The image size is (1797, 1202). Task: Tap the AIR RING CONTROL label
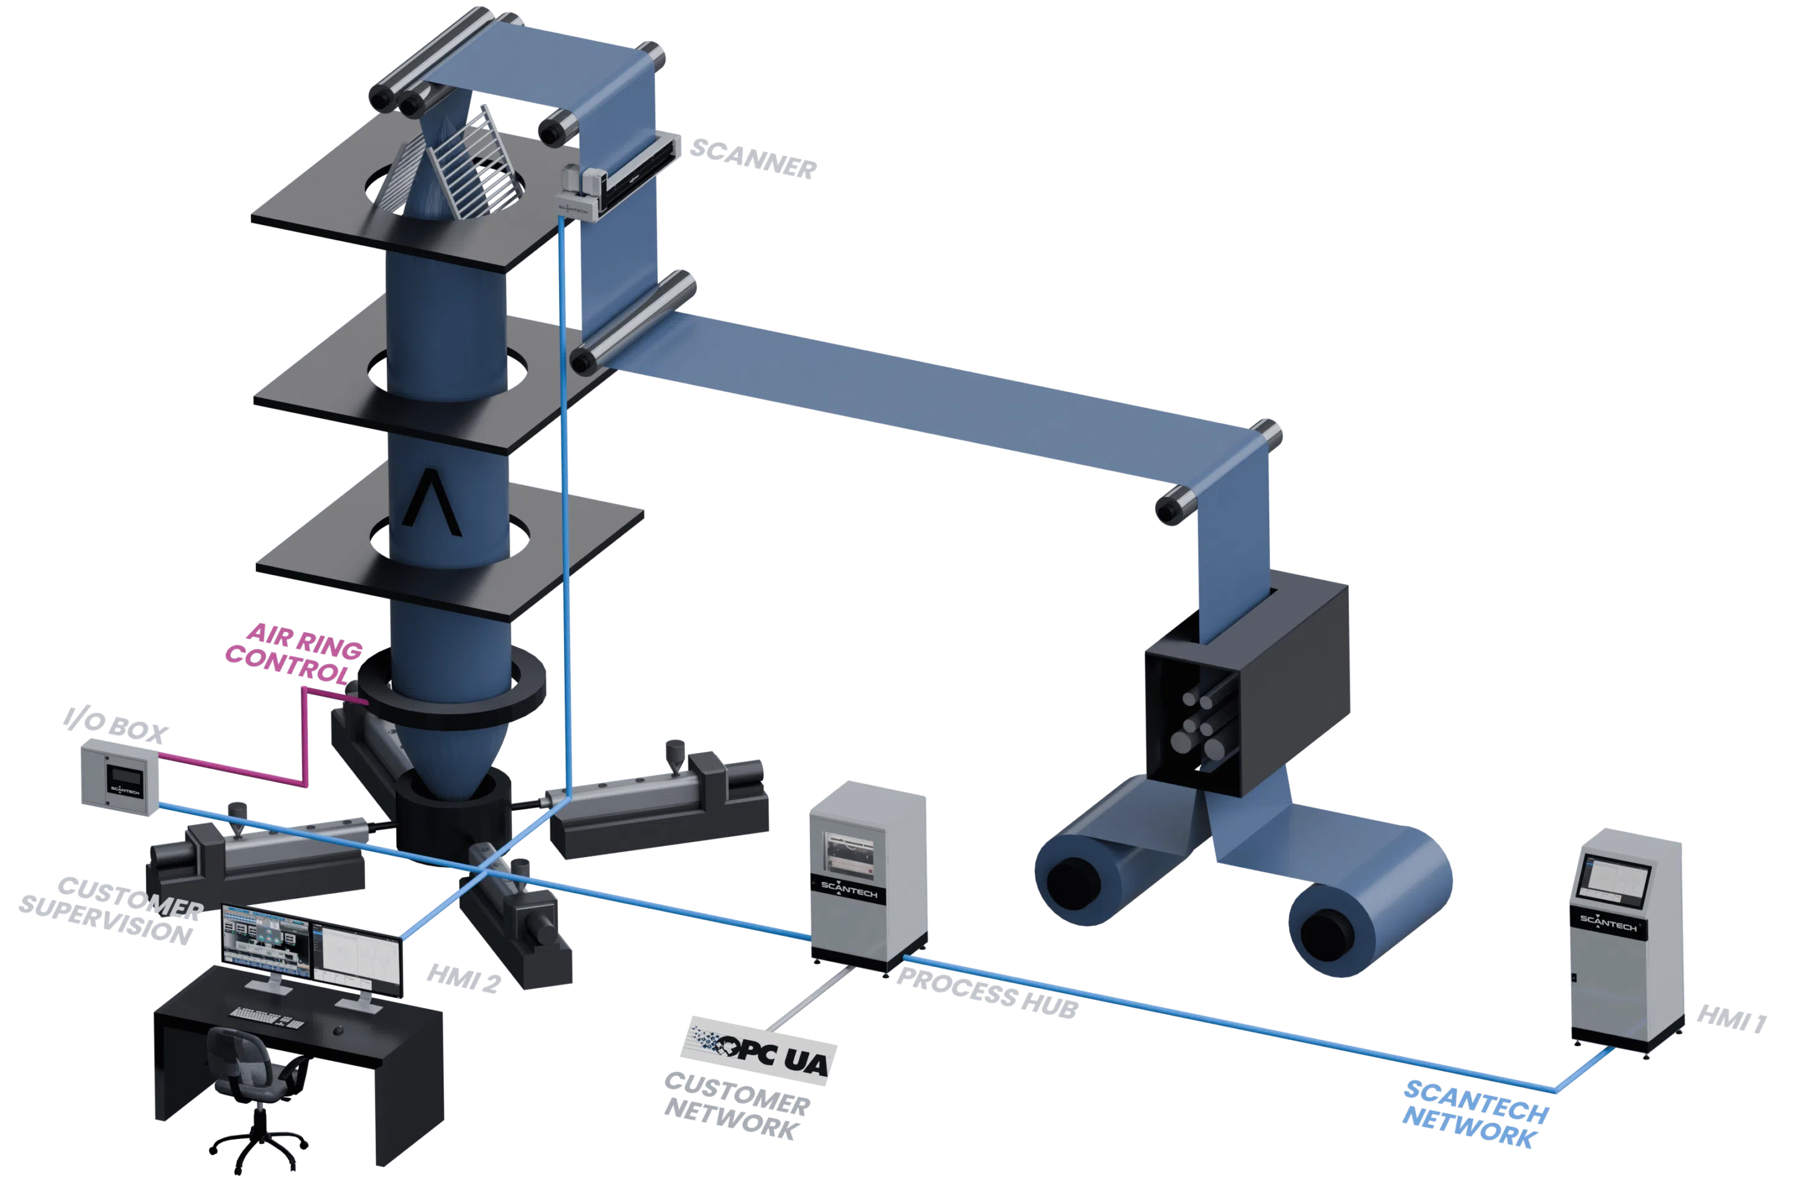tap(295, 654)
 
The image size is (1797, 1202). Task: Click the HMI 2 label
tap(464, 979)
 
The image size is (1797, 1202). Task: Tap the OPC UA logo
tap(759, 1052)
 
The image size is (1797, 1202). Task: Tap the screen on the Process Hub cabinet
tap(849, 853)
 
